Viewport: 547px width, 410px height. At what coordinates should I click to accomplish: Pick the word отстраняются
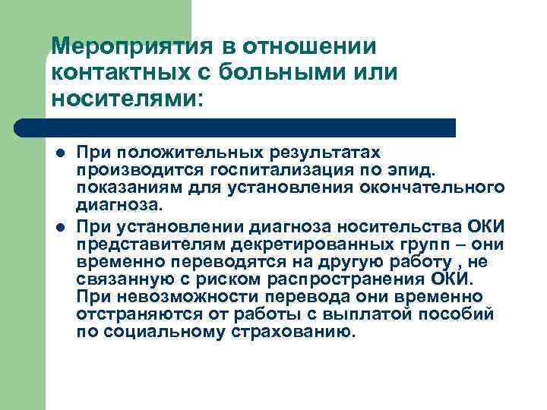tap(133, 313)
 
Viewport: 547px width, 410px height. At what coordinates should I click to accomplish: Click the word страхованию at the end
tap(289, 332)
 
